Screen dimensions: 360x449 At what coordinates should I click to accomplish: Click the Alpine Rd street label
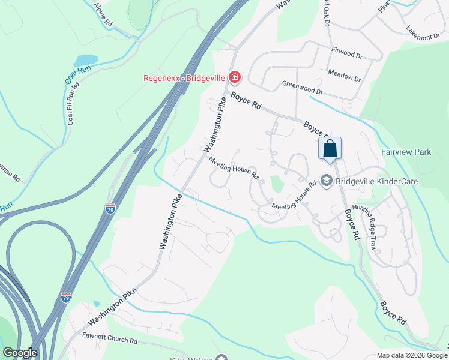click(103, 14)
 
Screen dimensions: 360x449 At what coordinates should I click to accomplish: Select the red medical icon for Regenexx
click(234, 77)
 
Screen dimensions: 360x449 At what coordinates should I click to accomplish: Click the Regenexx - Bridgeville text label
click(184, 77)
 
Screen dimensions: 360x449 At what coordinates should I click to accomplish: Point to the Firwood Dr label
click(348, 53)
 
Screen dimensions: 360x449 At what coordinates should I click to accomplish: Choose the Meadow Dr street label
click(344, 75)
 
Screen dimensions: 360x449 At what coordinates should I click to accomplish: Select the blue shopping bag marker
click(330, 148)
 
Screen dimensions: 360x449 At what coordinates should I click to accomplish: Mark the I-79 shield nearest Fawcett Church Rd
click(66, 298)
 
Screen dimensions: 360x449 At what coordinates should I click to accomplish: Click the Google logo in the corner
click(20, 352)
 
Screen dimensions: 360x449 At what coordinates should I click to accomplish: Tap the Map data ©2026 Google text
click(411, 355)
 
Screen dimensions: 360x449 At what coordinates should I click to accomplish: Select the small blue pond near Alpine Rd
click(85, 61)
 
